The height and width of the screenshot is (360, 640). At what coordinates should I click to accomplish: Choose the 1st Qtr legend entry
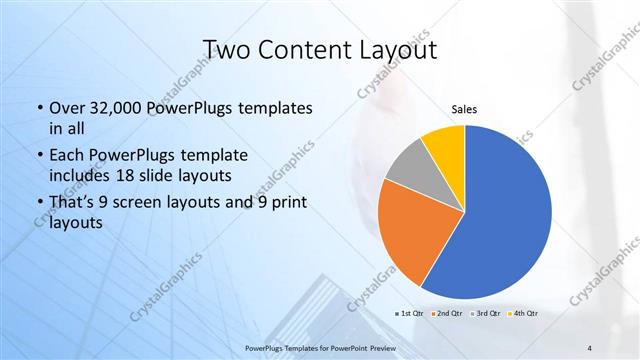[411, 315]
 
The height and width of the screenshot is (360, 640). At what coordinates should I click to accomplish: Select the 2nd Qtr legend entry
[448, 315]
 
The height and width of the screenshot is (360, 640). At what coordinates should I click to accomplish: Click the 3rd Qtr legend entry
[485, 315]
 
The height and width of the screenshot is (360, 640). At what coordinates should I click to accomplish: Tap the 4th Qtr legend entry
[522, 315]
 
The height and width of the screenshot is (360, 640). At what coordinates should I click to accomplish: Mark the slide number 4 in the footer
[590, 347]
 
